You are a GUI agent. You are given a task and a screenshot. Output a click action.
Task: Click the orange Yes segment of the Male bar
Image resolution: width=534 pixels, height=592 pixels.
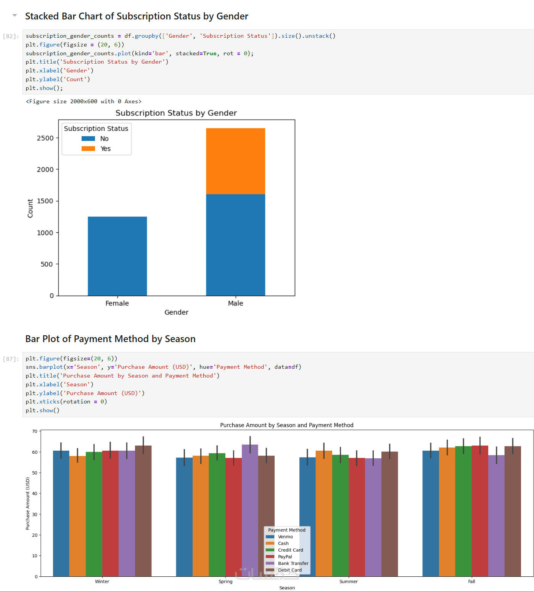click(x=235, y=161)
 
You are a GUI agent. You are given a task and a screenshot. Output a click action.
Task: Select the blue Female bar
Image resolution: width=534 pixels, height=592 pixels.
click(x=117, y=256)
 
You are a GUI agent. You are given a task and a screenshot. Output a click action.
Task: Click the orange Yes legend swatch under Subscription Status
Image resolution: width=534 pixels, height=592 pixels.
click(x=88, y=149)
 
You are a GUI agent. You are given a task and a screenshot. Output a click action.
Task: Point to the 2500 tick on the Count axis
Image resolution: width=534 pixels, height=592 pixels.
click(x=45, y=138)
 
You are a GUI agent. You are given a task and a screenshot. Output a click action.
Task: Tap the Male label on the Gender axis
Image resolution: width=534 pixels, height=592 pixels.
click(x=235, y=303)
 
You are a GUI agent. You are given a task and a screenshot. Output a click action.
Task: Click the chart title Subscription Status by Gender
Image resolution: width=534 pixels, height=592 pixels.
click(x=176, y=113)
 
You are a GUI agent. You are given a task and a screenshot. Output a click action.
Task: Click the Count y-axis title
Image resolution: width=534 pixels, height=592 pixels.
click(x=30, y=208)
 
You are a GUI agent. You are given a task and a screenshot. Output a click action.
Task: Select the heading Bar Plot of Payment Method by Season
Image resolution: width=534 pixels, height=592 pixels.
click(x=110, y=339)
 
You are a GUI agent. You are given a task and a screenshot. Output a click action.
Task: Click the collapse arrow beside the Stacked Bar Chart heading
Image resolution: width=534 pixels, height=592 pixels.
click(x=14, y=16)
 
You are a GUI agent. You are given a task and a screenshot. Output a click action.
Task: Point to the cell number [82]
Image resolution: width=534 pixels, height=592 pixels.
click(x=11, y=36)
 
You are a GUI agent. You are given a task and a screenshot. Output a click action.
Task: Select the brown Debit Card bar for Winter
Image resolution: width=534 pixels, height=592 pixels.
click(x=143, y=510)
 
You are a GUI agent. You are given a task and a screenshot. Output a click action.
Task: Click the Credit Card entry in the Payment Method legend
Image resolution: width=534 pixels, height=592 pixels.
click(x=290, y=550)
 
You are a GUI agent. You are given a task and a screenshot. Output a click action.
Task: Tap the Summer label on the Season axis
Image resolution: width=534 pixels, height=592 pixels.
click(x=349, y=582)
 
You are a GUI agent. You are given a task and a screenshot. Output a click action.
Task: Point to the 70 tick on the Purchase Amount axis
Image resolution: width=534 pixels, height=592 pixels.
click(x=35, y=431)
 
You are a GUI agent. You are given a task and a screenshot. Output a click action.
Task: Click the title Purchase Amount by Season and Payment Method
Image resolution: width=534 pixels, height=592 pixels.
click(x=286, y=425)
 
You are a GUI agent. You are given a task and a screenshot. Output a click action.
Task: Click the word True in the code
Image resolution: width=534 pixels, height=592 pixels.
click(x=209, y=53)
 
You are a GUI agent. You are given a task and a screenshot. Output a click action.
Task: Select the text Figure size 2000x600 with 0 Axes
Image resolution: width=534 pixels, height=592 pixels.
click(x=84, y=101)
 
